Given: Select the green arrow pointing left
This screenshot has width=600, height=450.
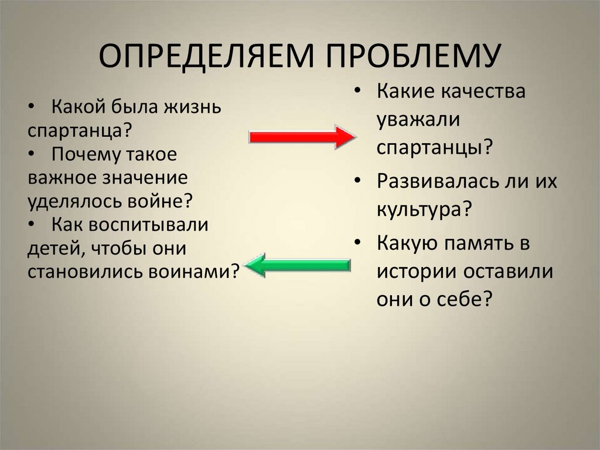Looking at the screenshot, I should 298,265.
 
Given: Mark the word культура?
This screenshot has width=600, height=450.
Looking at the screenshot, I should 425,209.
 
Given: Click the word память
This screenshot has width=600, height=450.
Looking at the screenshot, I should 475,243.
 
